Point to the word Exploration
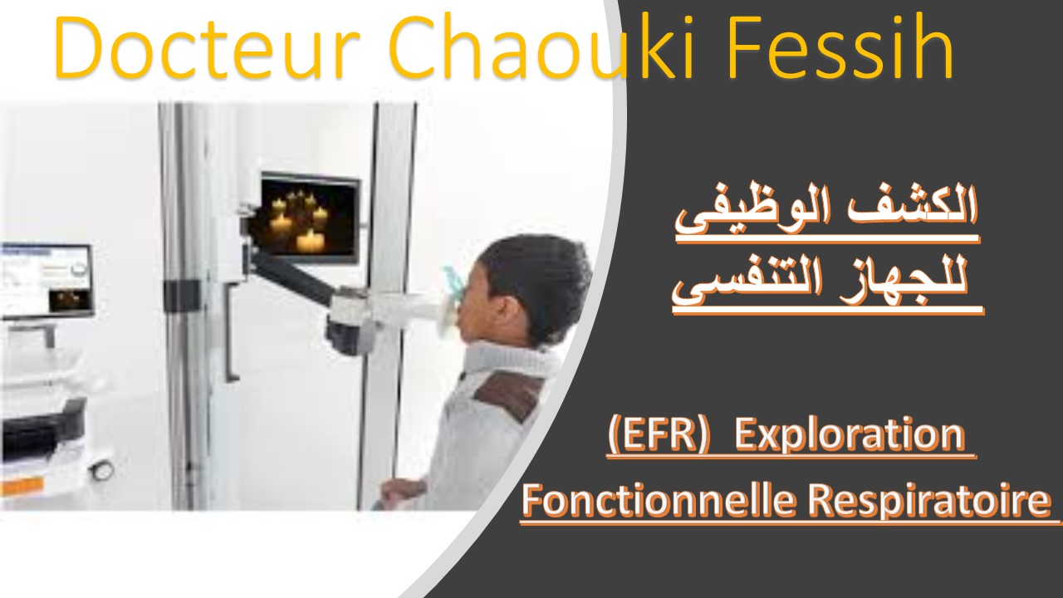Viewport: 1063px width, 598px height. pos(850,437)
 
